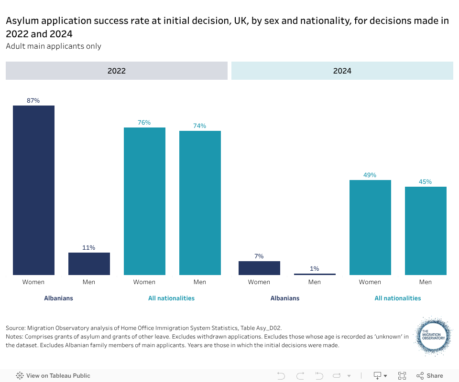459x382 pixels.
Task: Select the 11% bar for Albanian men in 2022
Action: [89, 264]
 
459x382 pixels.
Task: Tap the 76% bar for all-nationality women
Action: [144, 201]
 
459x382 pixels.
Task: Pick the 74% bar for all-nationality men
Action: [200, 203]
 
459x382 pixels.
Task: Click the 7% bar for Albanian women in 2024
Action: [259, 268]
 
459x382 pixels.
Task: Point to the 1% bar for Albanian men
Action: [315, 274]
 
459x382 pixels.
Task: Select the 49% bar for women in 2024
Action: [370, 227]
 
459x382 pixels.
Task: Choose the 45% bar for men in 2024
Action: [426, 231]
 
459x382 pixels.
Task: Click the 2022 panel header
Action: [117, 71]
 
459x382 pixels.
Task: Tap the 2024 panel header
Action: [342, 71]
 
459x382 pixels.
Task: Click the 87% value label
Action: [33, 101]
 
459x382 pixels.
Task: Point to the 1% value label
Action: [315, 269]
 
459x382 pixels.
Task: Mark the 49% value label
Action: [370, 175]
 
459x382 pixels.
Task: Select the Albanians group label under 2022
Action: [59, 298]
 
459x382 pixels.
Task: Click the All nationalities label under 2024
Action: [398, 298]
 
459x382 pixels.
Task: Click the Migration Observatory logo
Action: [433, 336]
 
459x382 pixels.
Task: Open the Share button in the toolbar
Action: [430, 376]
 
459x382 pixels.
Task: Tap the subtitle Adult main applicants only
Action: [54, 46]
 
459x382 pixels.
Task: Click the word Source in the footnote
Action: [15, 328]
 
